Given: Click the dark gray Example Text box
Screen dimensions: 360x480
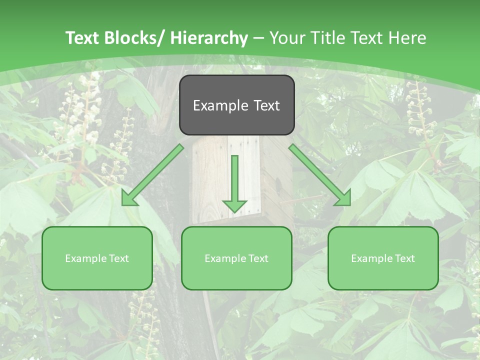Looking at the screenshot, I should coord(236,105).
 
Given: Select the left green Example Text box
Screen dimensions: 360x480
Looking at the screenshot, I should coord(97,258).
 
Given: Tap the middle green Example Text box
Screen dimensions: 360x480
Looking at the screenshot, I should coord(236,258).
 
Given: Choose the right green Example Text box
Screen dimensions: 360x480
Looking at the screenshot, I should coord(383,258).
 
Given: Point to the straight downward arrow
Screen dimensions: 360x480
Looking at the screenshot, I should coord(234,182).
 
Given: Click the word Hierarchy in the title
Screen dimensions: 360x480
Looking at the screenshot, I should coord(209,38).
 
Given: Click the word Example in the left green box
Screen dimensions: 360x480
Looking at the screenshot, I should coord(84,258).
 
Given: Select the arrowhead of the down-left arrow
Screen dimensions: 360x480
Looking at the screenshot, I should coord(129,198).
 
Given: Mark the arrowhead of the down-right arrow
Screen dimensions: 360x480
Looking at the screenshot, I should coord(343,198).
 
